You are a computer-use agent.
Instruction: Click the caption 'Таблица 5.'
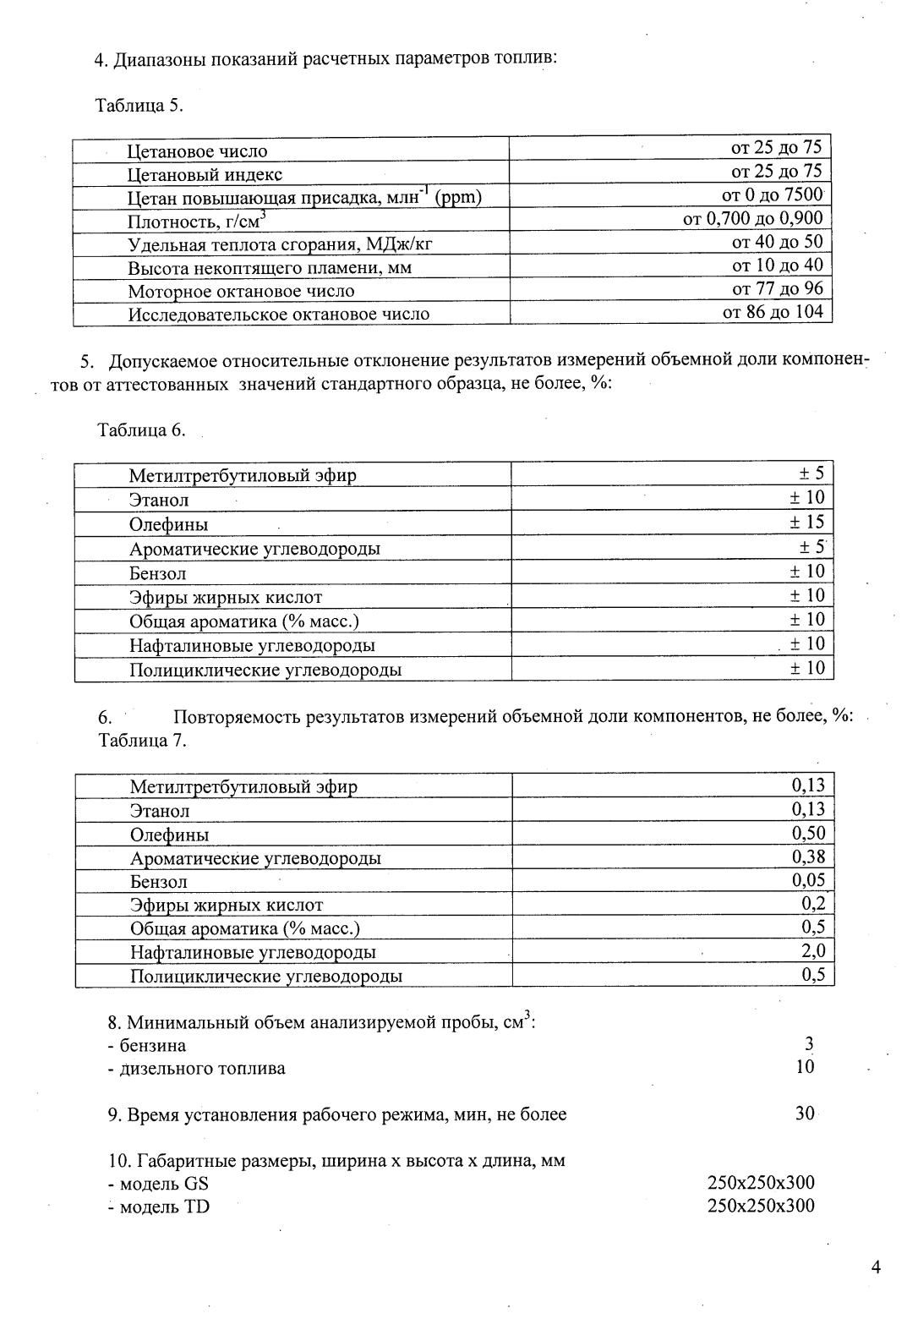(x=139, y=106)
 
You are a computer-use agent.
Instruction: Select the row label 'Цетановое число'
(x=197, y=151)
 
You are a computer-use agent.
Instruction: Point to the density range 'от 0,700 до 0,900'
(x=752, y=218)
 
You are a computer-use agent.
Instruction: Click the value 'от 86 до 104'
(x=773, y=312)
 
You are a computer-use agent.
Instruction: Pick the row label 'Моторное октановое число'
(x=241, y=291)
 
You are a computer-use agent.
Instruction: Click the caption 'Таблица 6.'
(x=141, y=430)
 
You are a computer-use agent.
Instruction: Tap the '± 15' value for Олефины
(x=806, y=522)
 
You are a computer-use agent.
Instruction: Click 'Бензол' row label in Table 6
(x=157, y=573)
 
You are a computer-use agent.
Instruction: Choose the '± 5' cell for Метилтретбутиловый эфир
(x=811, y=473)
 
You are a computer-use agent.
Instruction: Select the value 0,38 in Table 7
(x=808, y=857)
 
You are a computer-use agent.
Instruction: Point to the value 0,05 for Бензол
(x=808, y=880)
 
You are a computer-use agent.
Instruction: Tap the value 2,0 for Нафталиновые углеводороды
(x=812, y=951)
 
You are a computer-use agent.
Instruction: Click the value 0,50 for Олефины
(x=808, y=833)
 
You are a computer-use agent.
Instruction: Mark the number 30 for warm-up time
(x=805, y=1114)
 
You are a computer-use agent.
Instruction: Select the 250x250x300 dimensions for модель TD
(x=761, y=1206)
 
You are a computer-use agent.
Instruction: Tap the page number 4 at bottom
(x=875, y=1267)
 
